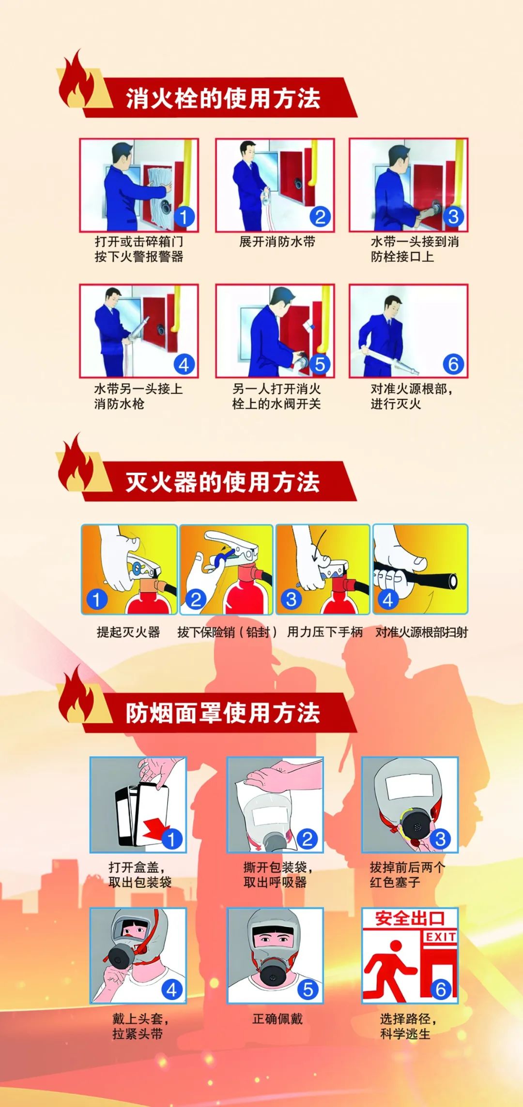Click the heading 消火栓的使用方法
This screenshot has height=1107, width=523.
(x=223, y=98)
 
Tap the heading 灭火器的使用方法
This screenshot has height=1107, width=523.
(x=223, y=482)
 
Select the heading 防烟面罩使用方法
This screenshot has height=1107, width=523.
(x=223, y=713)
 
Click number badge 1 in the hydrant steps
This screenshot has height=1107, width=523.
(x=184, y=216)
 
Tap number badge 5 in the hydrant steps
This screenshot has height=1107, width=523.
(x=320, y=364)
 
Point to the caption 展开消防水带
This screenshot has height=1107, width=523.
(x=277, y=241)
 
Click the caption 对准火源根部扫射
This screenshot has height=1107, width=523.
(x=421, y=632)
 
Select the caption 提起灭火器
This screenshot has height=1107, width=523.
(x=128, y=632)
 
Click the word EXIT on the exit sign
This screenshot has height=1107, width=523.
(x=440, y=937)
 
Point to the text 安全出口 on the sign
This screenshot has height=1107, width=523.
(x=410, y=918)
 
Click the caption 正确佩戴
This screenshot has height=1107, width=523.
(x=277, y=1019)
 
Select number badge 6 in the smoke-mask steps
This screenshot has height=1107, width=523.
(x=441, y=989)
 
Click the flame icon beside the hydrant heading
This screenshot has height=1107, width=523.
(x=77, y=82)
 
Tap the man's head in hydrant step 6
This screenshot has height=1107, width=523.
(x=393, y=305)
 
